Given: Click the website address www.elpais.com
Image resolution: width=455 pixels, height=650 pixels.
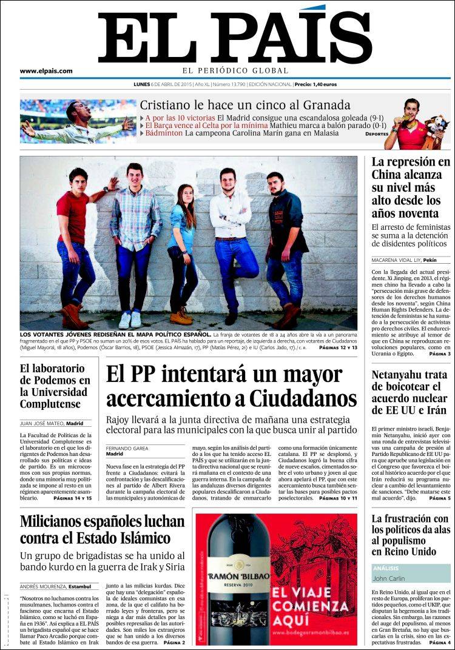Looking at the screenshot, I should [46, 71].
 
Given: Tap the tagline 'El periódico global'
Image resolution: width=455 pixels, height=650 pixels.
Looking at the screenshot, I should [234, 70].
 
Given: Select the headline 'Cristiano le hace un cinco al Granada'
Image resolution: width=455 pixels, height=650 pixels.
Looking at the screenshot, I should [245, 104].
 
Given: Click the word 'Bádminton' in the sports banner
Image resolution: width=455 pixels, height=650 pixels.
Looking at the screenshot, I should [164, 133].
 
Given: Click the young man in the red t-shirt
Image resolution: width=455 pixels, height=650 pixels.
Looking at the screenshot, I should [75, 243].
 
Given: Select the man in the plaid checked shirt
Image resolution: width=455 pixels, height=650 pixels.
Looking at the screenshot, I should [135, 236].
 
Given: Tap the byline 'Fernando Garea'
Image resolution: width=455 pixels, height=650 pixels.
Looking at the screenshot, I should [127, 448].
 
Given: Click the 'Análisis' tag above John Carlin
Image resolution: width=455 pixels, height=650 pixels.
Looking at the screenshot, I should [386, 568].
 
